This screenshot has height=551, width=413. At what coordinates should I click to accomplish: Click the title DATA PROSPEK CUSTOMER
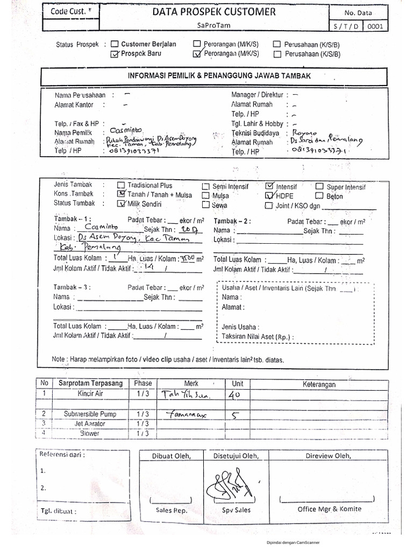click(214, 11)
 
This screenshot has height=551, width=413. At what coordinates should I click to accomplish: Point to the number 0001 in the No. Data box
click(376, 26)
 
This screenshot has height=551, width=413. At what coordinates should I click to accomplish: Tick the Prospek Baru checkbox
click(114, 54)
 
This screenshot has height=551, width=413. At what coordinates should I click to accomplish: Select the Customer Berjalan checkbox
click(114, 45)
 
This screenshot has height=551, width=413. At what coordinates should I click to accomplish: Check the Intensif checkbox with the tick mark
click(269, 186)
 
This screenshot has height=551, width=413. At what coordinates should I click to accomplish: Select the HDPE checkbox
click(269, 195)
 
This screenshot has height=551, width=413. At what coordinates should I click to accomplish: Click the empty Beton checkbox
click(319, 196)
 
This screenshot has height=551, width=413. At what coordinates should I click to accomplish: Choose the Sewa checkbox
click(205, 205)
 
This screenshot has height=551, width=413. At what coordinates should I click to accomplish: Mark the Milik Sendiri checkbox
click(120, 204)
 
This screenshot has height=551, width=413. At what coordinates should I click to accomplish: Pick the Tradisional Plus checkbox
click(120, 185)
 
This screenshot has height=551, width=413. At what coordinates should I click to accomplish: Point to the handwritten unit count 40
click(236, 394)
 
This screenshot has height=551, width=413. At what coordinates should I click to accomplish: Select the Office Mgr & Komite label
click(329, 509)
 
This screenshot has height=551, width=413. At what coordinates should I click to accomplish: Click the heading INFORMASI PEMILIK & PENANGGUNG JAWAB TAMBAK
click(219, 76)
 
